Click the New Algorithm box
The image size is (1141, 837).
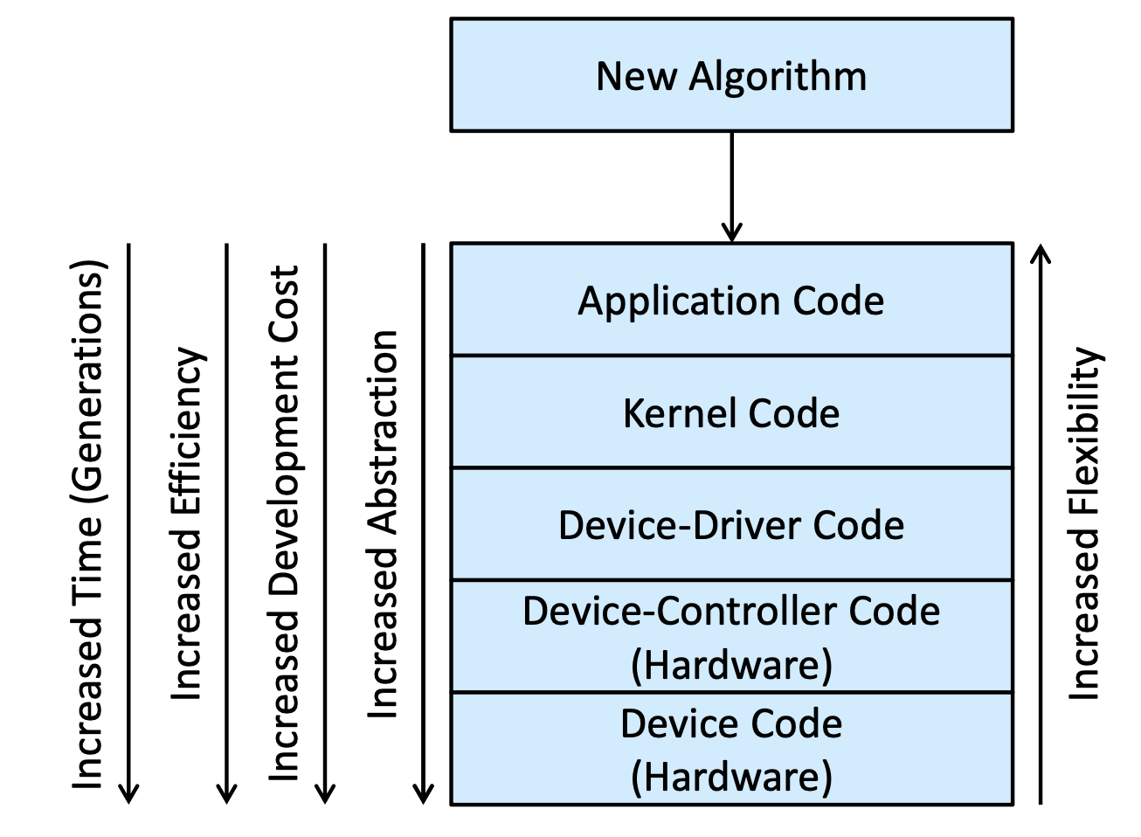pos(731,75)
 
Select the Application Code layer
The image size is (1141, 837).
pos(731,299)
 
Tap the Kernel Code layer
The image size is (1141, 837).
pos(731,412)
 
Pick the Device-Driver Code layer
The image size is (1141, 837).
pos(731,523)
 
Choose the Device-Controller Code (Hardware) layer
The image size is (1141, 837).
pos(731,636)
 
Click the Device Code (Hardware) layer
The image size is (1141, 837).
pos(731,749)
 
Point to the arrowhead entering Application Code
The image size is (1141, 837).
pos(731,232)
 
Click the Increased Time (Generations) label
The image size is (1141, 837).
pos(88,525)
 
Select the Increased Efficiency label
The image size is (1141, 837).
pos(187,523)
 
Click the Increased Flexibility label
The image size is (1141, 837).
pos(1085,523)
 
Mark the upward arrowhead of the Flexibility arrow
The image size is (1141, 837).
pos(1041,253)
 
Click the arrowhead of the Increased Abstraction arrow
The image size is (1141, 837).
pos(424,794)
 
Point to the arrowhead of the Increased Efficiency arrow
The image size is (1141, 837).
pos(226,794)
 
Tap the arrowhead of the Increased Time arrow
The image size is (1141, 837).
pos(129,794)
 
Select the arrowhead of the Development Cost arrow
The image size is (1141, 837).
pos(325,794)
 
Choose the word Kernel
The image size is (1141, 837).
pos(680,413)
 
